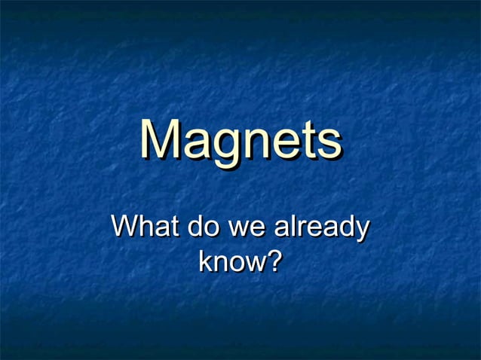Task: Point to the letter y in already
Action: point(361,230)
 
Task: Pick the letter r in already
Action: point(302,228)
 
